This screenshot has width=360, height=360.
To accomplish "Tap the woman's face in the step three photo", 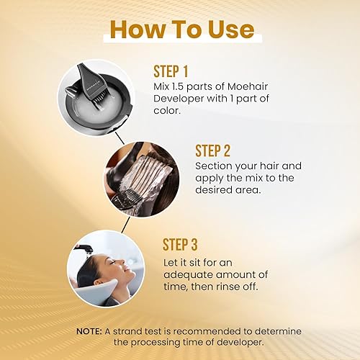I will point(104,268).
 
